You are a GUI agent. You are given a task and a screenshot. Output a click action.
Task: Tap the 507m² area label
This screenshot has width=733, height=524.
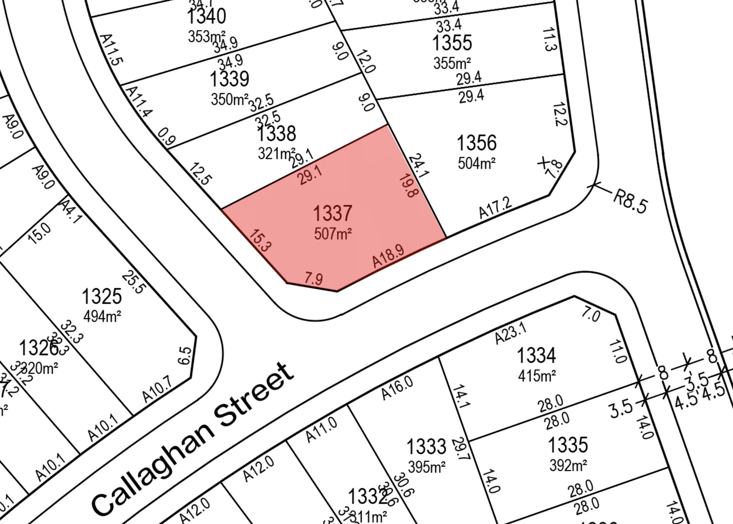click(333, 234)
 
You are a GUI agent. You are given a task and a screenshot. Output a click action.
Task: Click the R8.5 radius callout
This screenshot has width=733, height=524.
click(630, 201)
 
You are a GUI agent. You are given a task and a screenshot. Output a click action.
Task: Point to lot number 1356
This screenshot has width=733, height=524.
click(476, 143)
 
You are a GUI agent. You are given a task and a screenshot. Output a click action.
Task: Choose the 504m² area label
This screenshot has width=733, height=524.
click(477, 164)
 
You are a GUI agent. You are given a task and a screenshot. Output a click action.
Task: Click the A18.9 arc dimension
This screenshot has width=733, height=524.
click(388, 256)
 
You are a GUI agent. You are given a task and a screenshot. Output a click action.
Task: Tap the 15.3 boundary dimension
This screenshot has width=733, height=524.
click(260, 240)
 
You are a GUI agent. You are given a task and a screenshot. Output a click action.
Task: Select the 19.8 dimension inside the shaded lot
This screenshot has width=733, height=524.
click(408, 186)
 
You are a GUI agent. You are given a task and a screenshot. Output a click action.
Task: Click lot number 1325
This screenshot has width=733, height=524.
click(101, 296)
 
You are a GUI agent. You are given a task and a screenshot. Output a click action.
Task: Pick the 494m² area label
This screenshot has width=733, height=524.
click(102, 316)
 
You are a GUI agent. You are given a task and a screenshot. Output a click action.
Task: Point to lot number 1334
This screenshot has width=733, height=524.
click(536, 355)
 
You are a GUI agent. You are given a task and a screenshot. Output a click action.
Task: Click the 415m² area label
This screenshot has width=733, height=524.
click(537, 376)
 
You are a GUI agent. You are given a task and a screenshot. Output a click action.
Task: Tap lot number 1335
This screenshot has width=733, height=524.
click(568, 445)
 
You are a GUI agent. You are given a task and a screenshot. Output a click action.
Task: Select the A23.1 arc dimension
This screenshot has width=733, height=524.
click(511, 334)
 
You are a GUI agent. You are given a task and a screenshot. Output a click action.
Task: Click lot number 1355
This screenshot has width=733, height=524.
click(452, 43)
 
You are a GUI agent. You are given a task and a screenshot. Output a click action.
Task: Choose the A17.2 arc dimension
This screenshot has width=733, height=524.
click(495, 208)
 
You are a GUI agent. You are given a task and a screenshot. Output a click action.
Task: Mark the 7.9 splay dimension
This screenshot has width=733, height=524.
click(314, 278)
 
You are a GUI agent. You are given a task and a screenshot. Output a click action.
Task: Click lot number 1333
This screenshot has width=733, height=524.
click(426, 446)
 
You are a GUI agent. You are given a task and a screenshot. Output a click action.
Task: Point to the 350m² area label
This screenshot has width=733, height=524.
click(230, 99)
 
